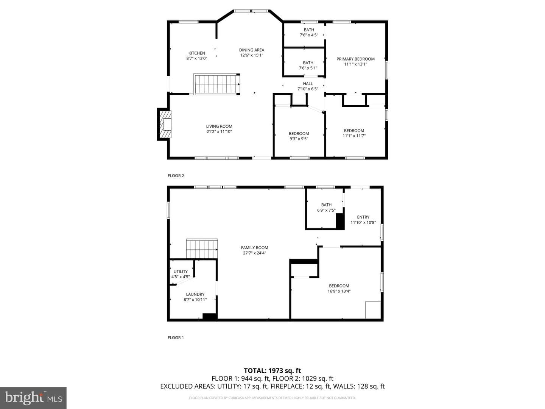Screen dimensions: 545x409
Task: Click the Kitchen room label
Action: click(x=197, y=53)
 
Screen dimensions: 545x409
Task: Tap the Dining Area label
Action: click(x=252, y=50)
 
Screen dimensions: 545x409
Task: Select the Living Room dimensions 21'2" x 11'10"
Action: click(x=219, y=132)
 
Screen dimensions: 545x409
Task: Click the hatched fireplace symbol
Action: click(x=165, y=124)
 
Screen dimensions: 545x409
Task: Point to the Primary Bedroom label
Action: click(x=355, y=59)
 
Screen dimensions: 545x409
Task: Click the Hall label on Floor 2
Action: click(x=308, y=84)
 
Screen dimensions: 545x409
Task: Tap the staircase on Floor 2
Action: click(x=216, y=84)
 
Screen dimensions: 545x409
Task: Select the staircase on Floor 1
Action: click(x=202, y=248)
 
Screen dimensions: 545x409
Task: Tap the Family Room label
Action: click(x=254, y=248)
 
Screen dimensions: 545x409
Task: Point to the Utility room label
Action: click(x=181, y=272)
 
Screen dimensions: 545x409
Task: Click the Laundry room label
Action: click(x=195, y=294)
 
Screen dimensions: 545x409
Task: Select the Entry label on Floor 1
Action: click(x=363, y=217)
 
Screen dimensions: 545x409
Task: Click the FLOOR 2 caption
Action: click(x=176, y=176)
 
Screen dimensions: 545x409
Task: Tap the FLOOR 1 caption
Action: click(x=176, y=337)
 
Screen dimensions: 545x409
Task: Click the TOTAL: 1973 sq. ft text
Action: click(x=272, y=370)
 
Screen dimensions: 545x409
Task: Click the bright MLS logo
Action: click(x=33, y=398)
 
